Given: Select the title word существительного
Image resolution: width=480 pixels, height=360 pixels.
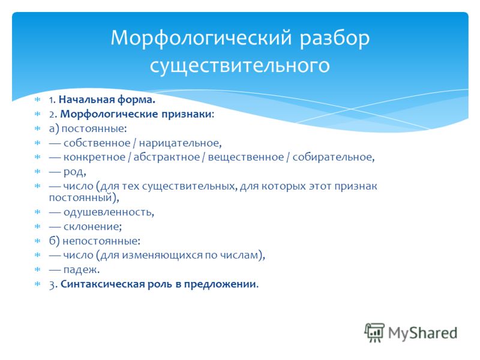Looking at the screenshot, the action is pos(239,65).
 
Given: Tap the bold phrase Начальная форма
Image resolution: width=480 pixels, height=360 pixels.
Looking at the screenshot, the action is pos(107,100).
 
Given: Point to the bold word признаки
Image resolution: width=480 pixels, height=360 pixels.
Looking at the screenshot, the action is pos(187,114).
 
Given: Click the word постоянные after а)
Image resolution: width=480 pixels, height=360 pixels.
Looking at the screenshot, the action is pos(94,128).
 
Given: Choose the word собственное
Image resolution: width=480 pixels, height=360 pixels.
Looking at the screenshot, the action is pos(97,143).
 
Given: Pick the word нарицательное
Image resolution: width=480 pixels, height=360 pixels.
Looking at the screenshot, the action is pos(180,143).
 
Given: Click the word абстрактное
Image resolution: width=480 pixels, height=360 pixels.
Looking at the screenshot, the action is pos(167,157).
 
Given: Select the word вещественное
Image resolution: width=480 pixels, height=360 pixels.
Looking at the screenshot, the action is pos(246,157).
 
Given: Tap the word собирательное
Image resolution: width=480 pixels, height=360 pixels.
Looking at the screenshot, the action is pos(334,157).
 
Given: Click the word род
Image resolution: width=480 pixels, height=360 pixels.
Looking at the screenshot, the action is pos(74,172).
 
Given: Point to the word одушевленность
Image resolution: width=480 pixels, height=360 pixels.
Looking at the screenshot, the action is pos(109,212).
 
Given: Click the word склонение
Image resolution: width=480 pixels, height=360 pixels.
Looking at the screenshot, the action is pos(92,227).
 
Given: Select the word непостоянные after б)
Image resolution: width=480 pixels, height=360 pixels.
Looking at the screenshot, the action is pos(101,241).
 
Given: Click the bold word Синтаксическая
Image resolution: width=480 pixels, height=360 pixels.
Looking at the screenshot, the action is pos(103,284).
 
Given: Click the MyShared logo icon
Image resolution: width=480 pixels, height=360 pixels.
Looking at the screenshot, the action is pos(374,332).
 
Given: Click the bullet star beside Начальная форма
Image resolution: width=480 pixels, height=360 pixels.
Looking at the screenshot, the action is pos(37,100).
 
